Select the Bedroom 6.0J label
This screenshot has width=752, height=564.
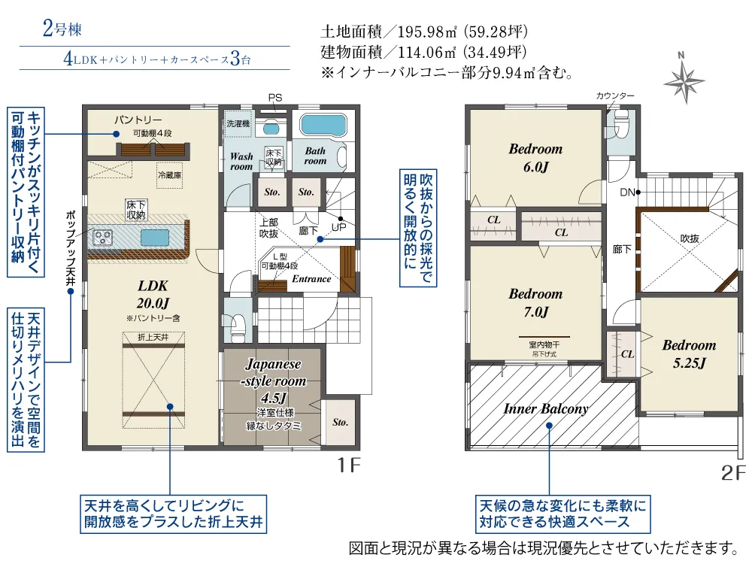[x=535, y=157]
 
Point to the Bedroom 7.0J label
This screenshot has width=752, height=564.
[x=535, y=302]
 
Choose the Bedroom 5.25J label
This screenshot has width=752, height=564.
[x=689, y=353]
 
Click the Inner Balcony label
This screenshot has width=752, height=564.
[x=545, y=409]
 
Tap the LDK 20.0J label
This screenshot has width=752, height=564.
[x=152, y=294]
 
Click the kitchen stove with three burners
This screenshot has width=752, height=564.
[x=103, y=238]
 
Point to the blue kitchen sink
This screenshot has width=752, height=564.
[x=154, y=238]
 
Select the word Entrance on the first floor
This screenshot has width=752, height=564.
[x=311, y=279]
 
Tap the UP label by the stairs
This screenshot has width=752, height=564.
[x=338, y=226]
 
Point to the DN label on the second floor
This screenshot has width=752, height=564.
[x=628, y=193]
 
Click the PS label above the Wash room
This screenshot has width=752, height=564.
[x=275, y=98]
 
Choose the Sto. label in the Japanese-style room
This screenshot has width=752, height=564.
[x=340, y=423]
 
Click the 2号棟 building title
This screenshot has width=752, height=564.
[x=62, y=31]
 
